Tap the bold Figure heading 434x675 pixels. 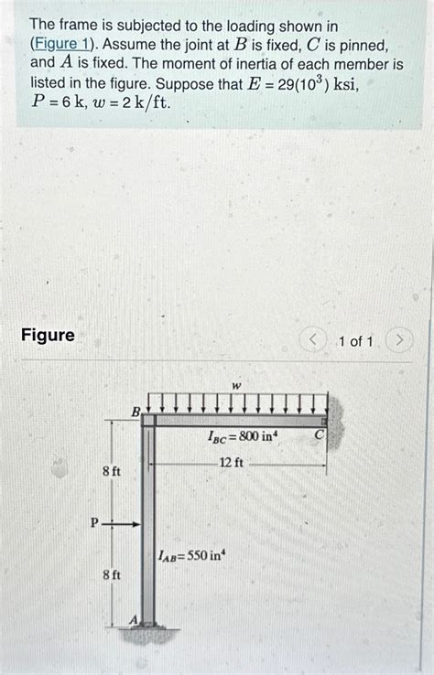click(x=48, y=336)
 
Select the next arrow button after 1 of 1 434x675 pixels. click(x=400, y=341)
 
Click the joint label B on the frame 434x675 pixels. click(x=136, y=412)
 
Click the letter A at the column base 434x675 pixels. click(x=133, y=619)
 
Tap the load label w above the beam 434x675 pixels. click(x=236, y=386)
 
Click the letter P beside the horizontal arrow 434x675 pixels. click(x=94, y=523)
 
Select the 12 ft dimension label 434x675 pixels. click(x=231, y=463)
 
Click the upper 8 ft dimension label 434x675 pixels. click(x=111, y=471)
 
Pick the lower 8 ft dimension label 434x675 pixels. click(x=111, y=575)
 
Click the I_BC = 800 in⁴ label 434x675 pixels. click(x=243, y=438)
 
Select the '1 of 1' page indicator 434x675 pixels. click(x=355, y=341)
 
